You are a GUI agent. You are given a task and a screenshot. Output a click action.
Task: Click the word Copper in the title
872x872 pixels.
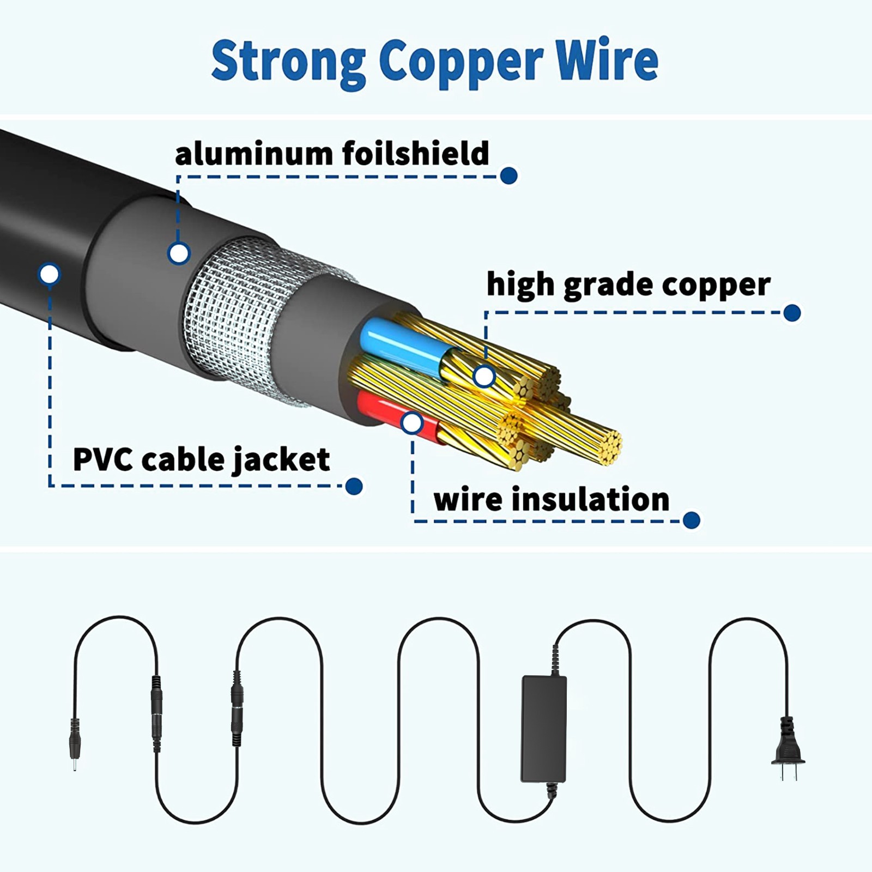(x=461, y=62)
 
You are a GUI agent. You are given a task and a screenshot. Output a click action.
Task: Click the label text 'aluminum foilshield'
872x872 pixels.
(x=332, y=153)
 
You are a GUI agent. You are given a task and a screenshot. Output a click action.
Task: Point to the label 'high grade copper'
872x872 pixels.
(x=628, y=285)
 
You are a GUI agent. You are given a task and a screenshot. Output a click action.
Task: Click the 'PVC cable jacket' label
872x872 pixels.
(x=201, y=459)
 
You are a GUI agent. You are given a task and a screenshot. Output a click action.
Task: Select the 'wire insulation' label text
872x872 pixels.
(x=552, y=499)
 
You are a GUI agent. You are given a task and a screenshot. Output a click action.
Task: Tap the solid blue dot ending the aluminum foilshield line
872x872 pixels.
(x=508, y=175)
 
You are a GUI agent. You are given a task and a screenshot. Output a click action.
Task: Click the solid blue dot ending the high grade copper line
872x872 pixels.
(x=792, y=313)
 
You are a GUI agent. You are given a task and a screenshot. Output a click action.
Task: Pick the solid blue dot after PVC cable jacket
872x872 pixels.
(x=354, y=486)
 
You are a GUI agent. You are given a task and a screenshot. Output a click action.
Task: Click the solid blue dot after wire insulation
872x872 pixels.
(x=691, y=520)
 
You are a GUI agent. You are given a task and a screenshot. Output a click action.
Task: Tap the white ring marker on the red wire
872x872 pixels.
(x=412, y=423)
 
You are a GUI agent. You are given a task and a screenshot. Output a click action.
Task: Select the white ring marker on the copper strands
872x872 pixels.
(x=484, y=376)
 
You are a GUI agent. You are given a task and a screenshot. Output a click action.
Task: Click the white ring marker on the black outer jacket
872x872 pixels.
(x=50, y=274)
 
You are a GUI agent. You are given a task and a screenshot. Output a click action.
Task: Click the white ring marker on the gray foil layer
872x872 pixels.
(x=179, y=253)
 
